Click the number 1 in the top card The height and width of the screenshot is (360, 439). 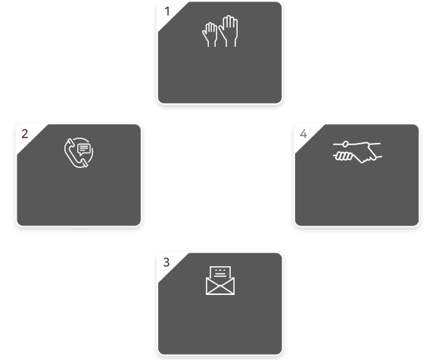(x=167, y=12)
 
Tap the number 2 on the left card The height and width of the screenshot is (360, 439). (x=25, y=134)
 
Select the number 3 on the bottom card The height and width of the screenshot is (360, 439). (x=167, y=262)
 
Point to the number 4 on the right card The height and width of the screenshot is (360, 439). (x=304, y=134)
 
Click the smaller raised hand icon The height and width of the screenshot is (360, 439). (x=210, y=34)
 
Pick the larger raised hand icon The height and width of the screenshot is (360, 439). (x=229, y=31)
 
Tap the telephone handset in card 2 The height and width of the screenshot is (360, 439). (x=74, y=154)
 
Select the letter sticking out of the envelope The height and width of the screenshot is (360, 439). (x=220, y=272)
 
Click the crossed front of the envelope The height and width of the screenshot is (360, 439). (x=220, y=286)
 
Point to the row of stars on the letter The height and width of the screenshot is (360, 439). (x=220, y=270)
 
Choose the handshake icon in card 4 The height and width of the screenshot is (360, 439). (x=357, y=152)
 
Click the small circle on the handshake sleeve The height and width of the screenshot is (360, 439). (x=345, y=144)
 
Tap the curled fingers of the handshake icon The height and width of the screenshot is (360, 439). (x=344, y=156)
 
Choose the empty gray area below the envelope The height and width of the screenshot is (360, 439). (x=220, y=324)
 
